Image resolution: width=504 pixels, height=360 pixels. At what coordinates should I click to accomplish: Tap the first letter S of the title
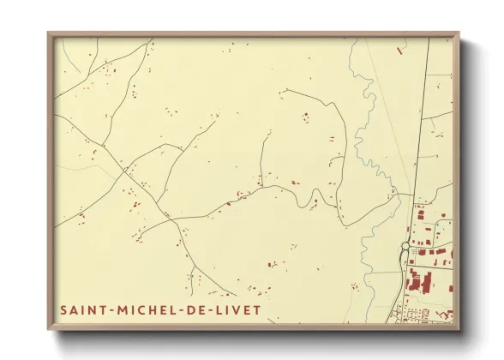[64, 309]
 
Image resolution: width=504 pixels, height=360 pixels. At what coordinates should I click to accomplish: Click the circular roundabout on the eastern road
[405, 247]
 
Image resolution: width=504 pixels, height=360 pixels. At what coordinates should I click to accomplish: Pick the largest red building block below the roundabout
[417, 280]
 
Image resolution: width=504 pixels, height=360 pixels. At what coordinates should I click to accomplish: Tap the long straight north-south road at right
[420, 129]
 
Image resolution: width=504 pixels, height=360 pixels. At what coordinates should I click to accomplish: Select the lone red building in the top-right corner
[400, 51]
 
